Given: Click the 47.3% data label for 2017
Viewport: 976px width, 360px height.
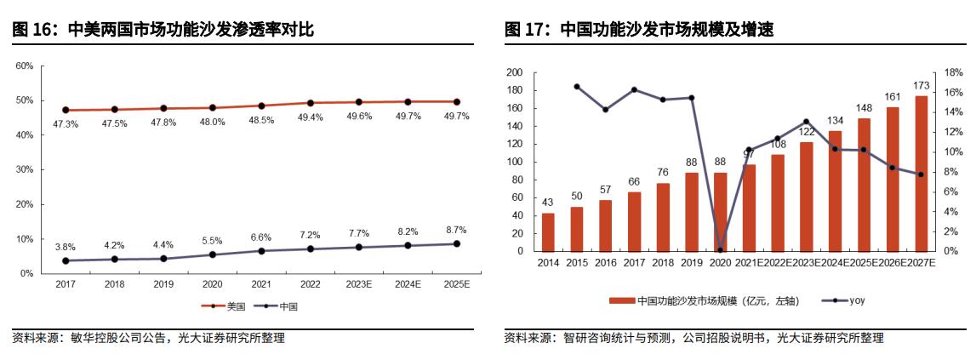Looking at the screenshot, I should tap(66, 124).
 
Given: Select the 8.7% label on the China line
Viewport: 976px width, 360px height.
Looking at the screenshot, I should tap(456, 230).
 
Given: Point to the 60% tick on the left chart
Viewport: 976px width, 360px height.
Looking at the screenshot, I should tap(25, 66).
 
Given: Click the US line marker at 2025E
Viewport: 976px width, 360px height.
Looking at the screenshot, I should tap(456, 102).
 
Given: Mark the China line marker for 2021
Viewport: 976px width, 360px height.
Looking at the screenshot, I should tap(261, 251).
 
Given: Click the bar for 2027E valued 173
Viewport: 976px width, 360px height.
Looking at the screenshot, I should tap(921, 174).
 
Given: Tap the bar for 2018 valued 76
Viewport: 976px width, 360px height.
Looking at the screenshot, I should tap(663, 217).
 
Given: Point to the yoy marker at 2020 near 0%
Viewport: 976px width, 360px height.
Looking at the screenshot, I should tap(720, 250).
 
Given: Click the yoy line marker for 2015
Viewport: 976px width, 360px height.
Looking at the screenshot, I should tap(577, 87).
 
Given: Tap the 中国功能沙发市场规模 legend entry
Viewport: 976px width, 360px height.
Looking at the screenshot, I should tap(681, 300).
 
